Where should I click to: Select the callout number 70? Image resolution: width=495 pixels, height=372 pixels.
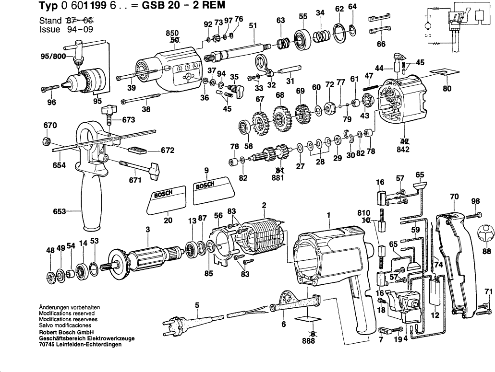(x=454, y=196)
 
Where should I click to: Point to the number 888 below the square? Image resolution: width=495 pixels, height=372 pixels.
(x=309, y=341)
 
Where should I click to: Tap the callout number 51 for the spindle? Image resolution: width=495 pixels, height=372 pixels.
(x=253, y=25)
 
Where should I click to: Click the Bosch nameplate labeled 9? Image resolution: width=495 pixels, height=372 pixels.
(x=212, y=188)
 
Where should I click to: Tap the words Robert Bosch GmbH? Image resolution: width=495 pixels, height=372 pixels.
(x=66, y=332)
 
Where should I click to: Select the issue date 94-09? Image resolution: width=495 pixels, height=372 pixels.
(x=77, y=29)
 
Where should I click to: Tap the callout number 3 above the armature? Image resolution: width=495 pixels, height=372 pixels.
(x=148, y=230)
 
